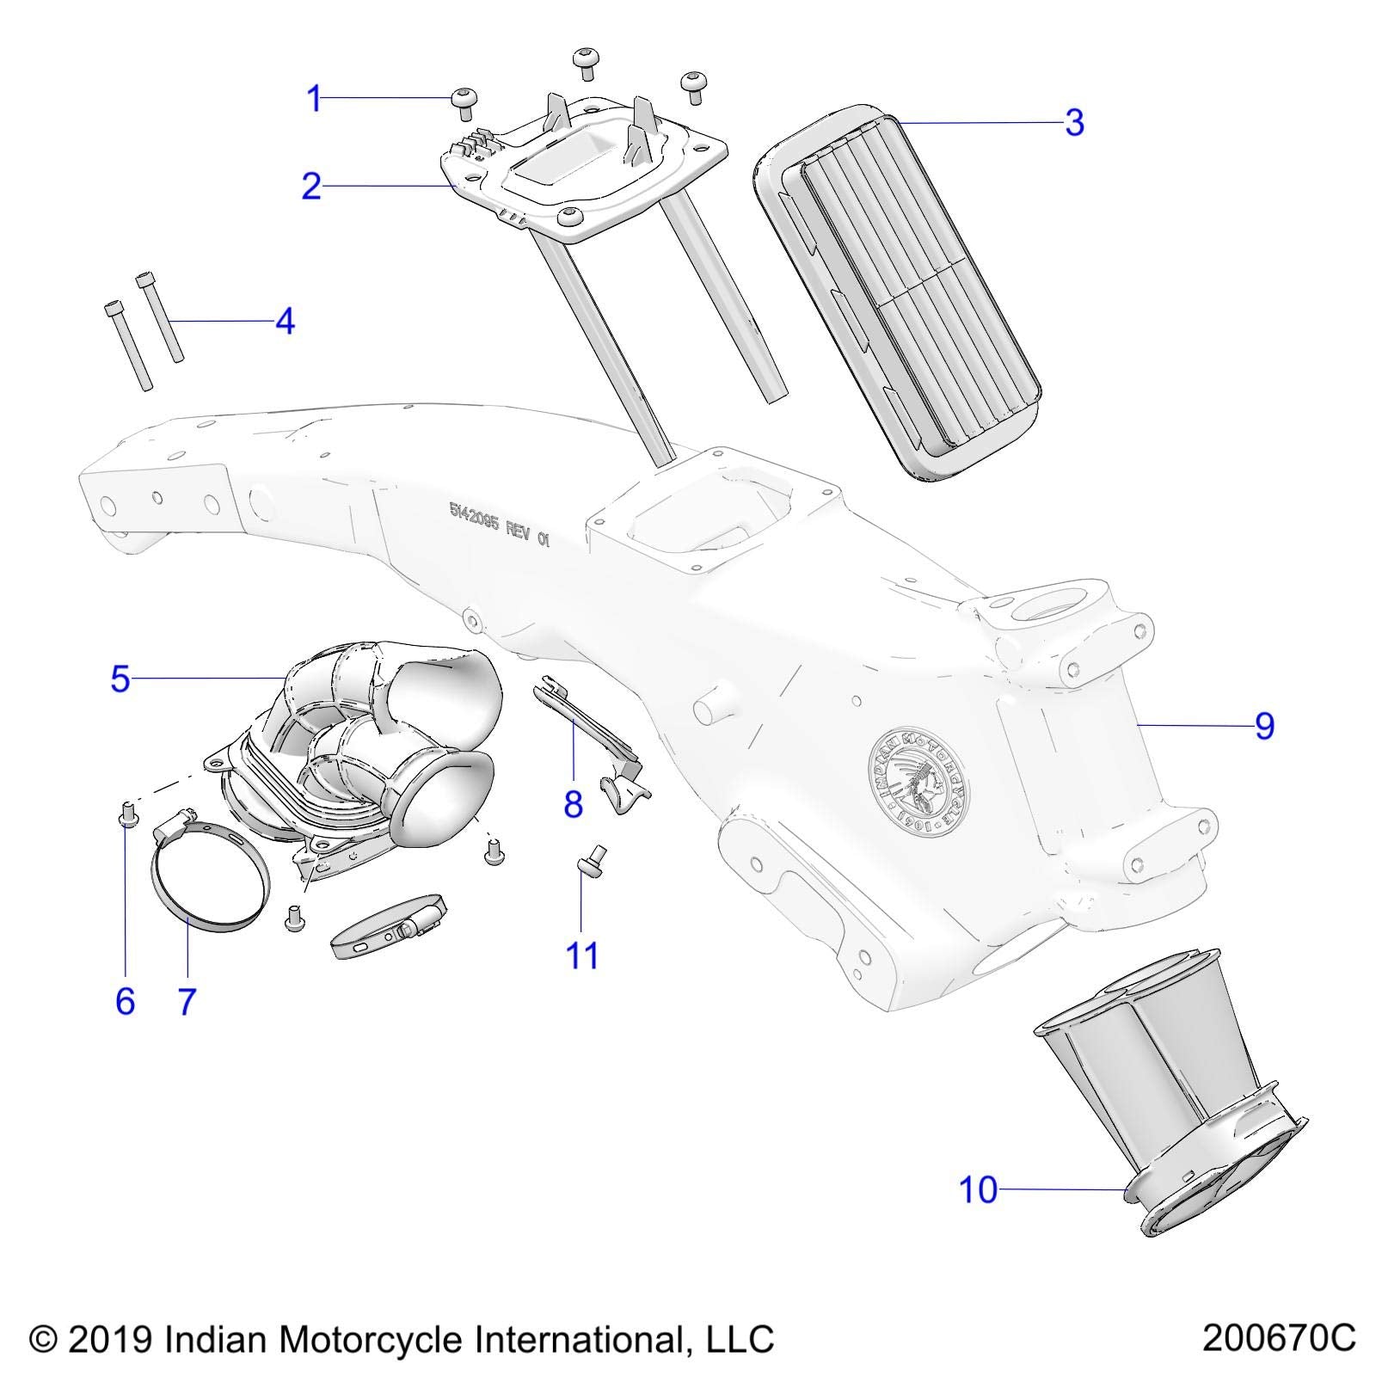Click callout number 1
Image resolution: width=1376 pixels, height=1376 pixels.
coord(315,99)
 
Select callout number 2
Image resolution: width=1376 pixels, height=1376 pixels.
coord(310,186)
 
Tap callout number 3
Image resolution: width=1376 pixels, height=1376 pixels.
coord(1074,123)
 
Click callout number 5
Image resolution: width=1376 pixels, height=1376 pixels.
coord(120,679)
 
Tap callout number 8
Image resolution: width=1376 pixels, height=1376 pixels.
coord(573,805)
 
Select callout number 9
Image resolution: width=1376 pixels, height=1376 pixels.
coord(1263,727)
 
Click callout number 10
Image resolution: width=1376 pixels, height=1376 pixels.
coord(978,1190)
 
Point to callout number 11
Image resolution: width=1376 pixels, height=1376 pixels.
coord(581,955)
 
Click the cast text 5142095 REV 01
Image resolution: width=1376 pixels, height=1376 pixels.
coord(498,521)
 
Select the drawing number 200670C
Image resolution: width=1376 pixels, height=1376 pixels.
coord(1278,1339)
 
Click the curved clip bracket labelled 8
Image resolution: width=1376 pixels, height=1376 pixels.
coord(593,740)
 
